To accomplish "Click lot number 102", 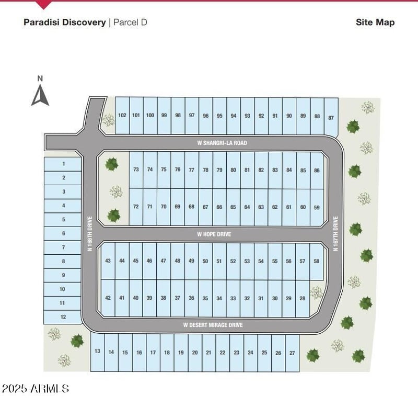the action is pyautogui.click(x=122, y=115).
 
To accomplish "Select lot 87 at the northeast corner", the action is pyautogui.click(x=331, y=117).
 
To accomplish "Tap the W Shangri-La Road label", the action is pyautogui.click(x=222, y=143).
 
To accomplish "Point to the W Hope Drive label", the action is pyautogui.click(x=214, y=234).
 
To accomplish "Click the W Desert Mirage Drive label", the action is pyautogui.click(x=213, y=325).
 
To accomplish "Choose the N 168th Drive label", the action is pyautogui.click(x=90, y=233).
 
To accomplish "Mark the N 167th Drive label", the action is pyautogui.click(x=335, y=233).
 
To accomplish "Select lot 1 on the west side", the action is pyautogui.click(x=63, y=164).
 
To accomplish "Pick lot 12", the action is pyautogui.click(x=62, y=317).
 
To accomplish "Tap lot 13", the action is pyautogui.click(x=97, y=351).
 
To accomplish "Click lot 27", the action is pyautogui.click(x=292, y=353).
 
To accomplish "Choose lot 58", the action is pyautogui.click(x=317, y=261).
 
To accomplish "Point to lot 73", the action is pyautogui.click(x=136, y=169).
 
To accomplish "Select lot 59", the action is pyautogui.click(x=317, y=207).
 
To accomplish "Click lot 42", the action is pyautogui.click(x=108, y=298).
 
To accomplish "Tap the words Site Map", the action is pyautogui.click(x=375, y=22).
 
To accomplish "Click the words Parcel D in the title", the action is pyautogui.click(x=130, y=22).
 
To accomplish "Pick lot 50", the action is pyautogui.click(x=205, y=261).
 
